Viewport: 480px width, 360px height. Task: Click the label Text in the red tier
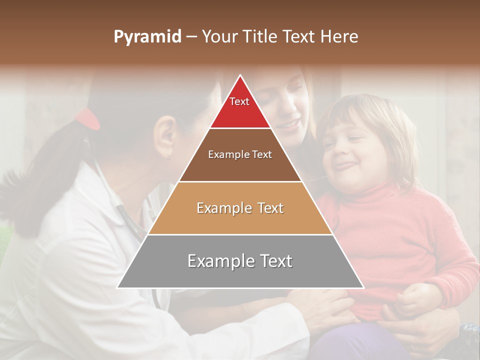239,101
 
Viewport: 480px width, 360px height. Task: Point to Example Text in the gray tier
240,261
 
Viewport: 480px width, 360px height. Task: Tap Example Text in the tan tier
240,208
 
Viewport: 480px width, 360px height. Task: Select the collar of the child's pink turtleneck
370,192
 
